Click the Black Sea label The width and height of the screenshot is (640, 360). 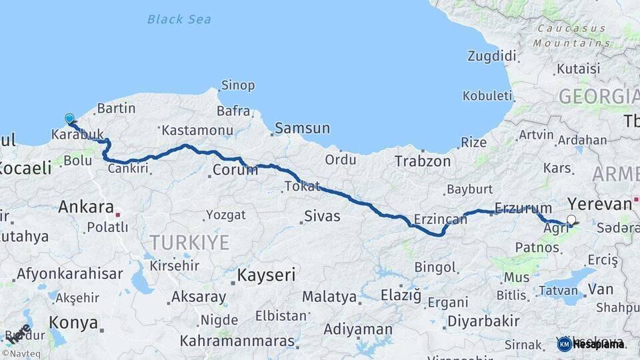179,19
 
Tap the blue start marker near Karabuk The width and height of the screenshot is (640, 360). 69,119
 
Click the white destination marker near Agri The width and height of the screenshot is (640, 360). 571,219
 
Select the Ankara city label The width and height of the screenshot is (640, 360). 86,207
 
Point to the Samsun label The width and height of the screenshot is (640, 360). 302,128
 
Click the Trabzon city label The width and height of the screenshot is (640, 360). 423,161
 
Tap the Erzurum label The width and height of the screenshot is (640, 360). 523,209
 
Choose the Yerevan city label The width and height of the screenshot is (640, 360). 599,204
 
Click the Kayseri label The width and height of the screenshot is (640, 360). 266,275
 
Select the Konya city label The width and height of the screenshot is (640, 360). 73,323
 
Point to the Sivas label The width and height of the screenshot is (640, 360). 322,216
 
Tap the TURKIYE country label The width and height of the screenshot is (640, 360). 189,242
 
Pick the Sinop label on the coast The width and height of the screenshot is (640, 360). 238,85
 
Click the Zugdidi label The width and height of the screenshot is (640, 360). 492,55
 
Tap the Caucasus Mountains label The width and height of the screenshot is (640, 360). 571,35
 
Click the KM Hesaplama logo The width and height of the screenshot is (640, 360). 591,344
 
